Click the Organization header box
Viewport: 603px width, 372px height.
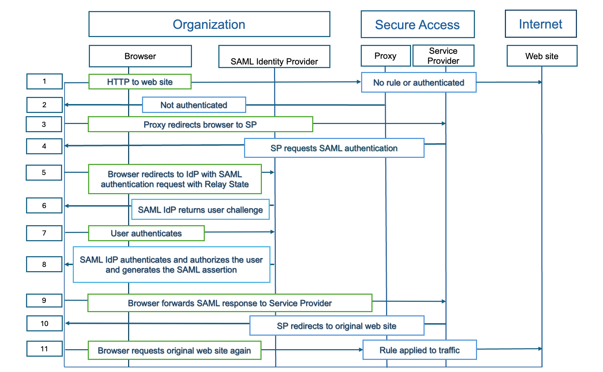point(209,24)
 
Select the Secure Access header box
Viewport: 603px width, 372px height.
point(417,25)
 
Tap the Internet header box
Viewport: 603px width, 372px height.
point(541,24)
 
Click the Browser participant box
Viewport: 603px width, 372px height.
point(140,56)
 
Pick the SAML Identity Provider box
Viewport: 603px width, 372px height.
point(274,57)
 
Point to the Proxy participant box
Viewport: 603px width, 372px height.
point(385,56)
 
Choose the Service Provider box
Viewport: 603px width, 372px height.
point(444,56)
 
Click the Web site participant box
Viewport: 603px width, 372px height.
point(542,56)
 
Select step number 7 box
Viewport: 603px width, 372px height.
point(44,233)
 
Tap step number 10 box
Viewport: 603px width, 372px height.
point(44,323)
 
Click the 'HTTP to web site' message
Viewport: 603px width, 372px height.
point(140,82)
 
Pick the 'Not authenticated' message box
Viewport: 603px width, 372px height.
point(194,105)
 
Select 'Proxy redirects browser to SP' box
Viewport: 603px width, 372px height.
point(200,124)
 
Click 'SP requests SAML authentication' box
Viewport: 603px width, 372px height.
point(334,148)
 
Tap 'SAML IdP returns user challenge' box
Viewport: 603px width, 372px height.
point(200,210)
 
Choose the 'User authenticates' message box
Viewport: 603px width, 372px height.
point(146,233)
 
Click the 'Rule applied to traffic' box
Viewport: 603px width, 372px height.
point(420,350)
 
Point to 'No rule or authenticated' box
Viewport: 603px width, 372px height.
point(419,83)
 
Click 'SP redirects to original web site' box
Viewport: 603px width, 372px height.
point(337,326)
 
